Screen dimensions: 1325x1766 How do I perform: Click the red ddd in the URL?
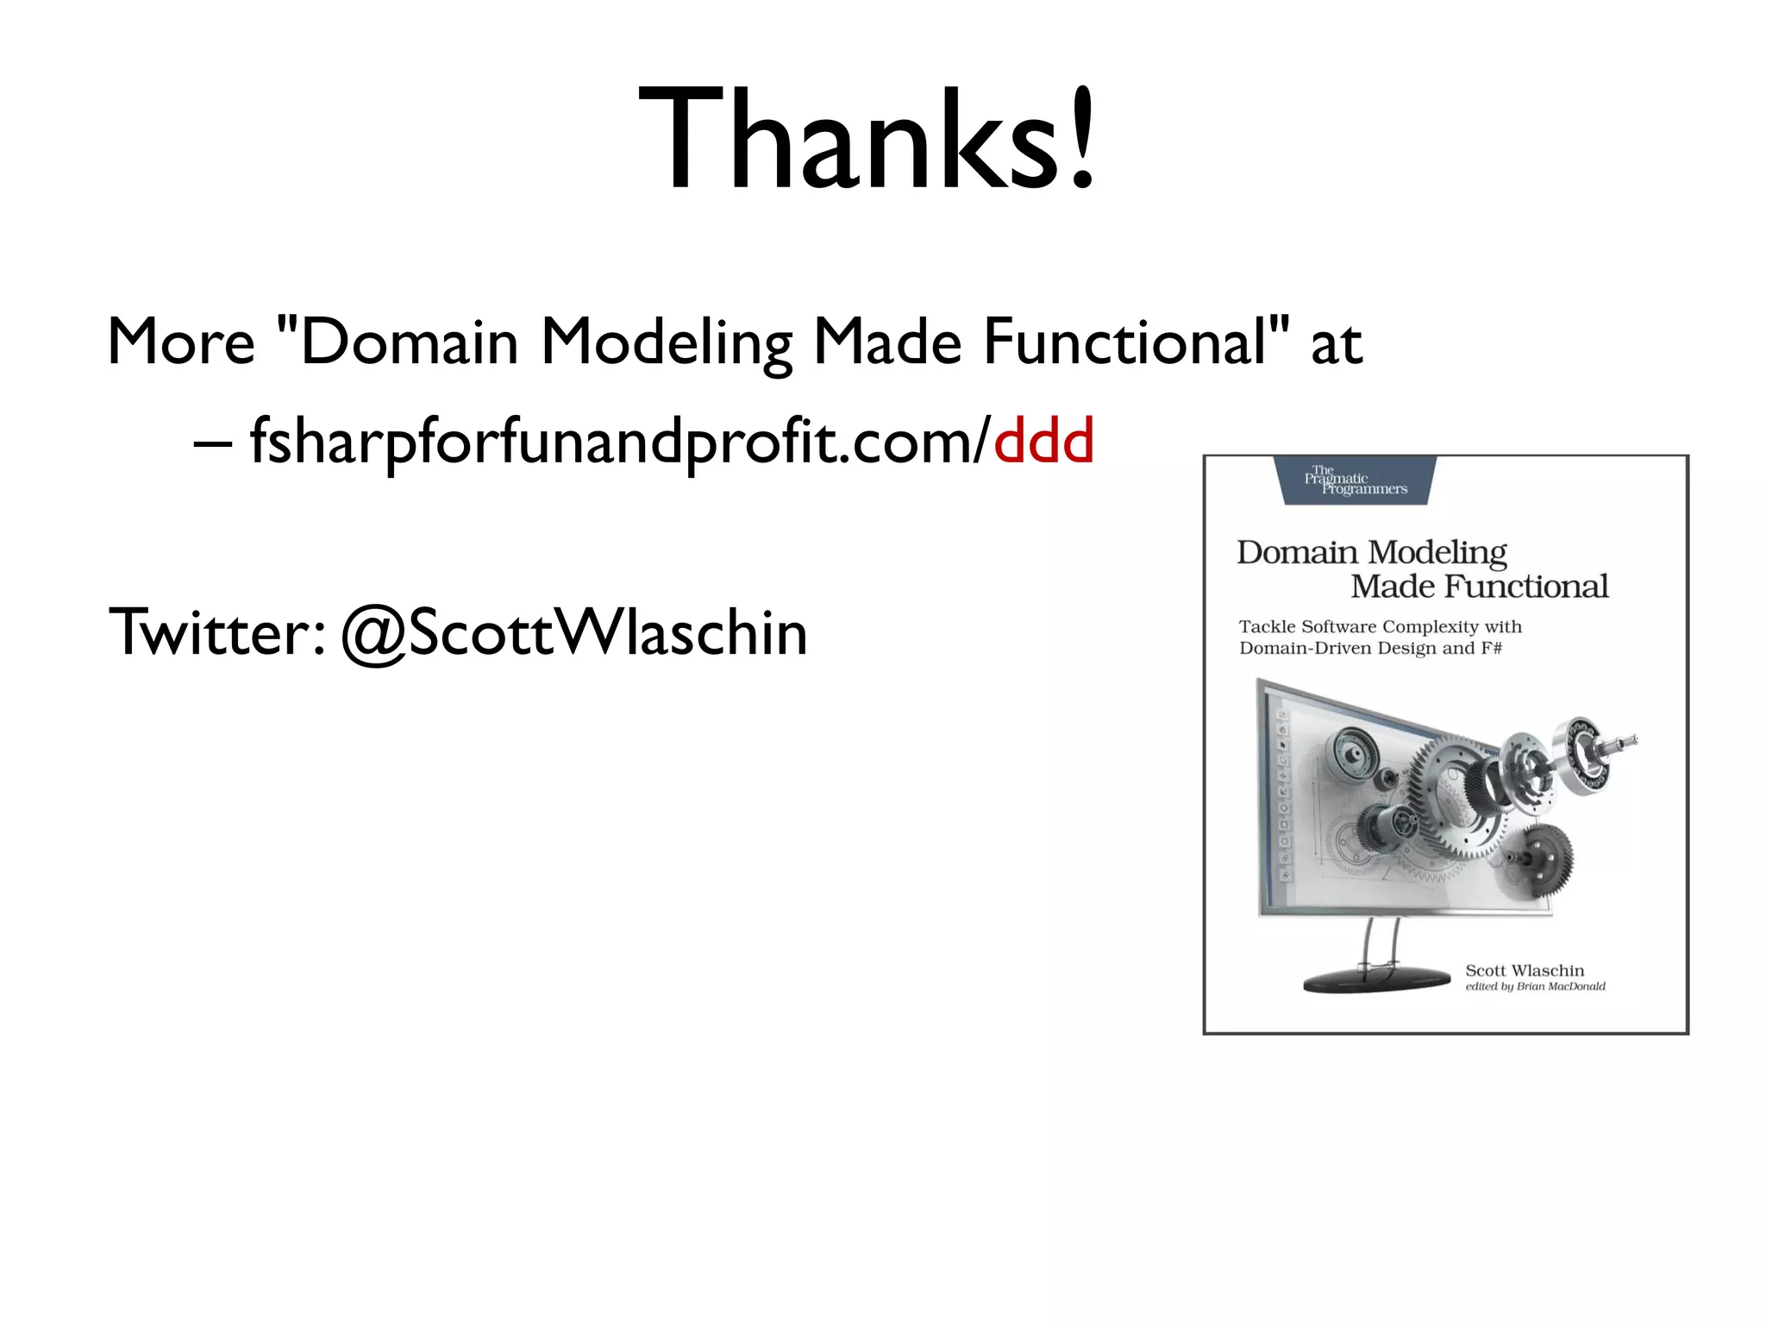1043,441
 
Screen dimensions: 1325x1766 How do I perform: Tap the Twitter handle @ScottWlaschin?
574,632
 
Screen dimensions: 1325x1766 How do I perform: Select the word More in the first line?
181,342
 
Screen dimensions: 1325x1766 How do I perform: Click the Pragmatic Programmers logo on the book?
1355,481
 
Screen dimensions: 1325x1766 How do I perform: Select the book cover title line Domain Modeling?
1371,552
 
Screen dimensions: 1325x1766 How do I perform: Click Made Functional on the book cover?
1479,587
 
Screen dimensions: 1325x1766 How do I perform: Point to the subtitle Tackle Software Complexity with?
1380,626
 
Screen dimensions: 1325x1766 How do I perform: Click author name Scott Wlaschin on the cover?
1525,970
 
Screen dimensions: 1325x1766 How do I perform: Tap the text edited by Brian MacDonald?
1535,986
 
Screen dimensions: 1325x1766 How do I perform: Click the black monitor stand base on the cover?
1377,981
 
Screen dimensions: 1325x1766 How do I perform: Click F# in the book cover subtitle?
1491,648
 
